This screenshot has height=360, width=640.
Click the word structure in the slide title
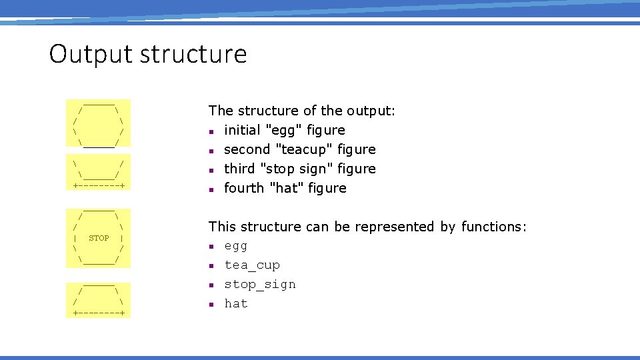(x=193, y=54)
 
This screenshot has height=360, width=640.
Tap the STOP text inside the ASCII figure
(x=99, y=238)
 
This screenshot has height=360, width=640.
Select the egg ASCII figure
(x=99, y=123)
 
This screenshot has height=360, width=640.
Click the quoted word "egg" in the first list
(x=284, y=130)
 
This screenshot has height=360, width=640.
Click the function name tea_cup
(x=252, y=265)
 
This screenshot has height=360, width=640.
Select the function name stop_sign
(x=260, y=285)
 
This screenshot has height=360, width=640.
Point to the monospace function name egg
(x=236, y=246)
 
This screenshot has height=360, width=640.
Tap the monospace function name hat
(x=236, y=304)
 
